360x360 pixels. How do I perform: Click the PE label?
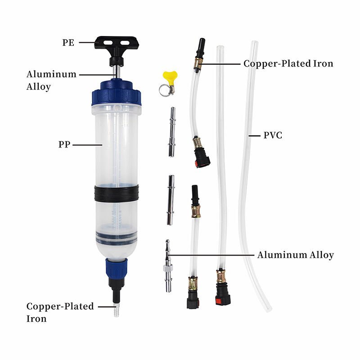pyautogui.click(x=68, y=43)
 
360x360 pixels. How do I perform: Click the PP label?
pyautogui.click(x=64, y=144)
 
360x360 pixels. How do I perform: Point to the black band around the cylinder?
pyautogui.click(x=117, y=193)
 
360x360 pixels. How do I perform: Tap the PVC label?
pyautogui.click(x=273, y=135)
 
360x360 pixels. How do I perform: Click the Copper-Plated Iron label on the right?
pyautogui.click(x=288, y=63)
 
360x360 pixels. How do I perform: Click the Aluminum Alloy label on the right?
pyautogui.click(x=295, y=255)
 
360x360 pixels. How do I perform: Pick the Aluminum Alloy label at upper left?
pyautogui.click(x=51, y=81)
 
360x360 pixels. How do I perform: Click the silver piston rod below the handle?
pyautogui.click(x=117, y=72)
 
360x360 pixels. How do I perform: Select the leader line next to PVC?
pyautogui.click(x=254, y=136)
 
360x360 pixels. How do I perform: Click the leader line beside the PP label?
pyautogui.click(x=87, y=145)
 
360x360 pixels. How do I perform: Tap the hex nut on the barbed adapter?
pyautogui.click(x=168, y=268)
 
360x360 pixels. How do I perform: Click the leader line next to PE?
pyautogui.click(x=87, y=42)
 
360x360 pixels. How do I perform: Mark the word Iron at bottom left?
pyautogui.click(x=36, y=319)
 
